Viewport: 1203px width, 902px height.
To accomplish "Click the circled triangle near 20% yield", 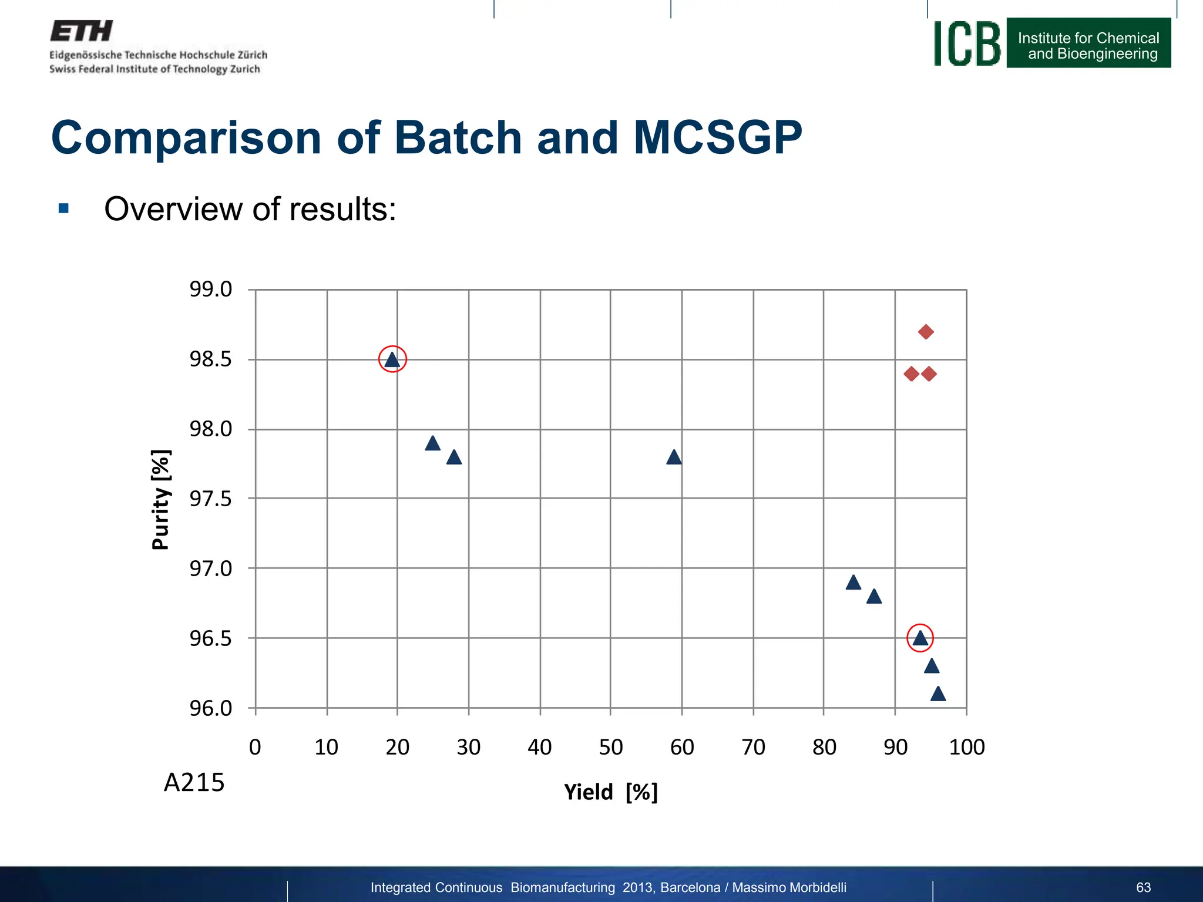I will pos(392,359).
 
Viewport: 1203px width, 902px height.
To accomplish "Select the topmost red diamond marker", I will pos(926,332).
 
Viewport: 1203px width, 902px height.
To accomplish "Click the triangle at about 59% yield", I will pos(674,457).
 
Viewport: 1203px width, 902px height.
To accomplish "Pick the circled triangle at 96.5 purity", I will pos(920,638).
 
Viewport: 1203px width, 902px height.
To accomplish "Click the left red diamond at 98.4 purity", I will pos(911,373).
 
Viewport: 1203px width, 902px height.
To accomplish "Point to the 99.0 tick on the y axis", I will pos(210,290).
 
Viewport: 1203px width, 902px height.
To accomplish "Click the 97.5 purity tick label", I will pos(210,499).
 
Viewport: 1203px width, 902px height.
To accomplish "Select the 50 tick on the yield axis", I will pos(610,748).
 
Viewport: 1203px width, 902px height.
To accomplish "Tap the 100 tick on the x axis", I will pos(966,748).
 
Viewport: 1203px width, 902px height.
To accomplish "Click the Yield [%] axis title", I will pos(610,792).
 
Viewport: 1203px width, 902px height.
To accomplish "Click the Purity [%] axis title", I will pos(161,499).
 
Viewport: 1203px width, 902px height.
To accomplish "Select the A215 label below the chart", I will pos(194,783).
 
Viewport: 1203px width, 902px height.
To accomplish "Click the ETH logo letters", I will pos(81,31).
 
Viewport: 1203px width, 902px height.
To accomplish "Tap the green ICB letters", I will pos(967,43).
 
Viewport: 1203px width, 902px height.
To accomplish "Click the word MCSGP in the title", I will pos(717,137).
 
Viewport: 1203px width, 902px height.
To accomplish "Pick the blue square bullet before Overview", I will pos(63,208).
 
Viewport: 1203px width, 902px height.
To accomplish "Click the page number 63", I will pos(1143,887).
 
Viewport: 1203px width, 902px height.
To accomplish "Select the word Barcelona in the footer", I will pos(690,887).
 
